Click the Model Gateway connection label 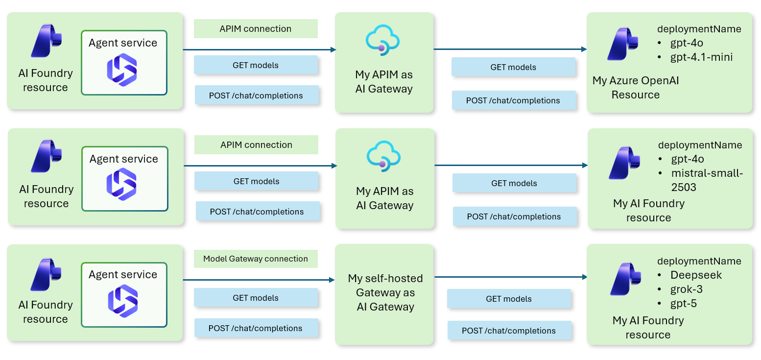(256, 259)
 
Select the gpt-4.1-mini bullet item (701, 57)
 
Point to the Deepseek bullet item (696, 275)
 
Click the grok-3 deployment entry (687, 289)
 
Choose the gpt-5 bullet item (684, 304)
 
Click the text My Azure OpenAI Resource (635, 88)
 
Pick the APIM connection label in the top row (256, 29)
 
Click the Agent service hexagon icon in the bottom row (122, 301)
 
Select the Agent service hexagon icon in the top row (122, 70)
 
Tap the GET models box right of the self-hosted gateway (509, 299)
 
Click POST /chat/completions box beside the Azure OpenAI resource (513, 100)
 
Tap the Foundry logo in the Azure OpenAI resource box (622, 44)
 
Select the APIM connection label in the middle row (256, 145)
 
